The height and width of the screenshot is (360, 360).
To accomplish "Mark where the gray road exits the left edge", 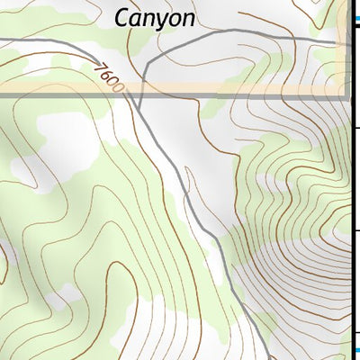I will tap(2, 39).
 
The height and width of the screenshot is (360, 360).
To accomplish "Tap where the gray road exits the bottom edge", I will tap(267, 357).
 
